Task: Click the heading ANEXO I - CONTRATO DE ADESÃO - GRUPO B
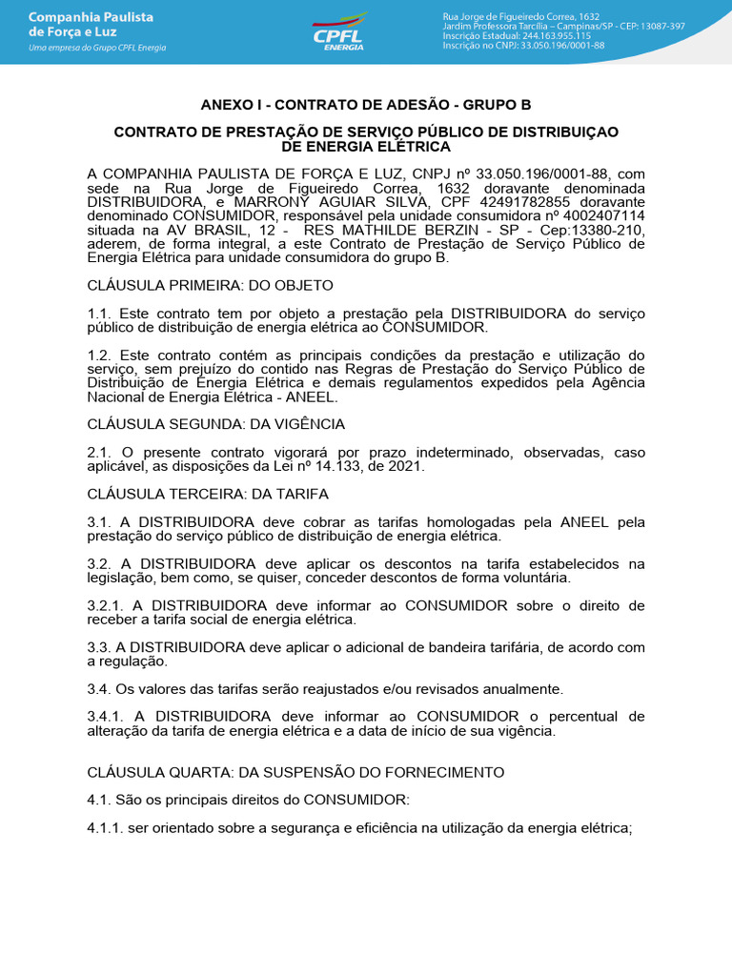(x=366, y=105)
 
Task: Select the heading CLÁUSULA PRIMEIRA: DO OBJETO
(x=210, y=286)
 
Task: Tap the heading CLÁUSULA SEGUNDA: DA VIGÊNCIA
(x=215, y=424)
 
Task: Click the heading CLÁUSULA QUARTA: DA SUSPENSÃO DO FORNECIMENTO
(x=295, y=772)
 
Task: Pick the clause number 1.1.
(x=99, y=314)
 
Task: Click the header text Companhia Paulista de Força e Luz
(x=91, y=25)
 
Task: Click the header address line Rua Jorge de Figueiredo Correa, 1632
(x=521, y=16)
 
